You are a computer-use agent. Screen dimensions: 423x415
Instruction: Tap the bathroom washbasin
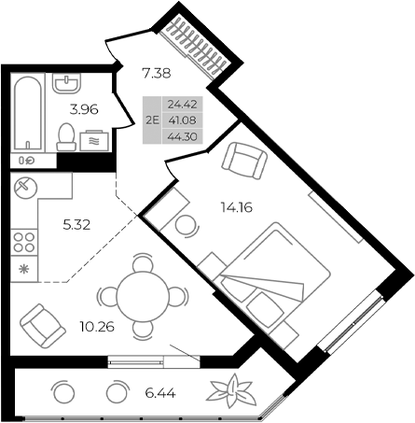(x=65, y=87)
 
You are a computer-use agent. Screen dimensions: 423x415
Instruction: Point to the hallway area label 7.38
(x=157, y=72)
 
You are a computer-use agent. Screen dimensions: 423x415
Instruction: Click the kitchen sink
(x=25, y=186)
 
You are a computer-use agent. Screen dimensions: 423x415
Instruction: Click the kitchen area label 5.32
(x=77, y=224)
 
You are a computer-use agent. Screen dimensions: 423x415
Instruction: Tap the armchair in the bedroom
(x=243, y=161)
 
